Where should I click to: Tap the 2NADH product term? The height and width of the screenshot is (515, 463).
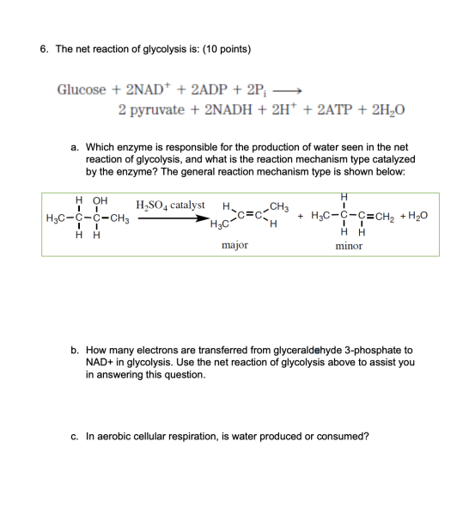[230, 111]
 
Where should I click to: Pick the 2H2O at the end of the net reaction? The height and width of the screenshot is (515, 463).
[391, 111]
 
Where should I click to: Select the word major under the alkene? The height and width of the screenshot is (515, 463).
[235, 245]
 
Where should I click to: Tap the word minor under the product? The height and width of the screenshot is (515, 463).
[349, 245]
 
